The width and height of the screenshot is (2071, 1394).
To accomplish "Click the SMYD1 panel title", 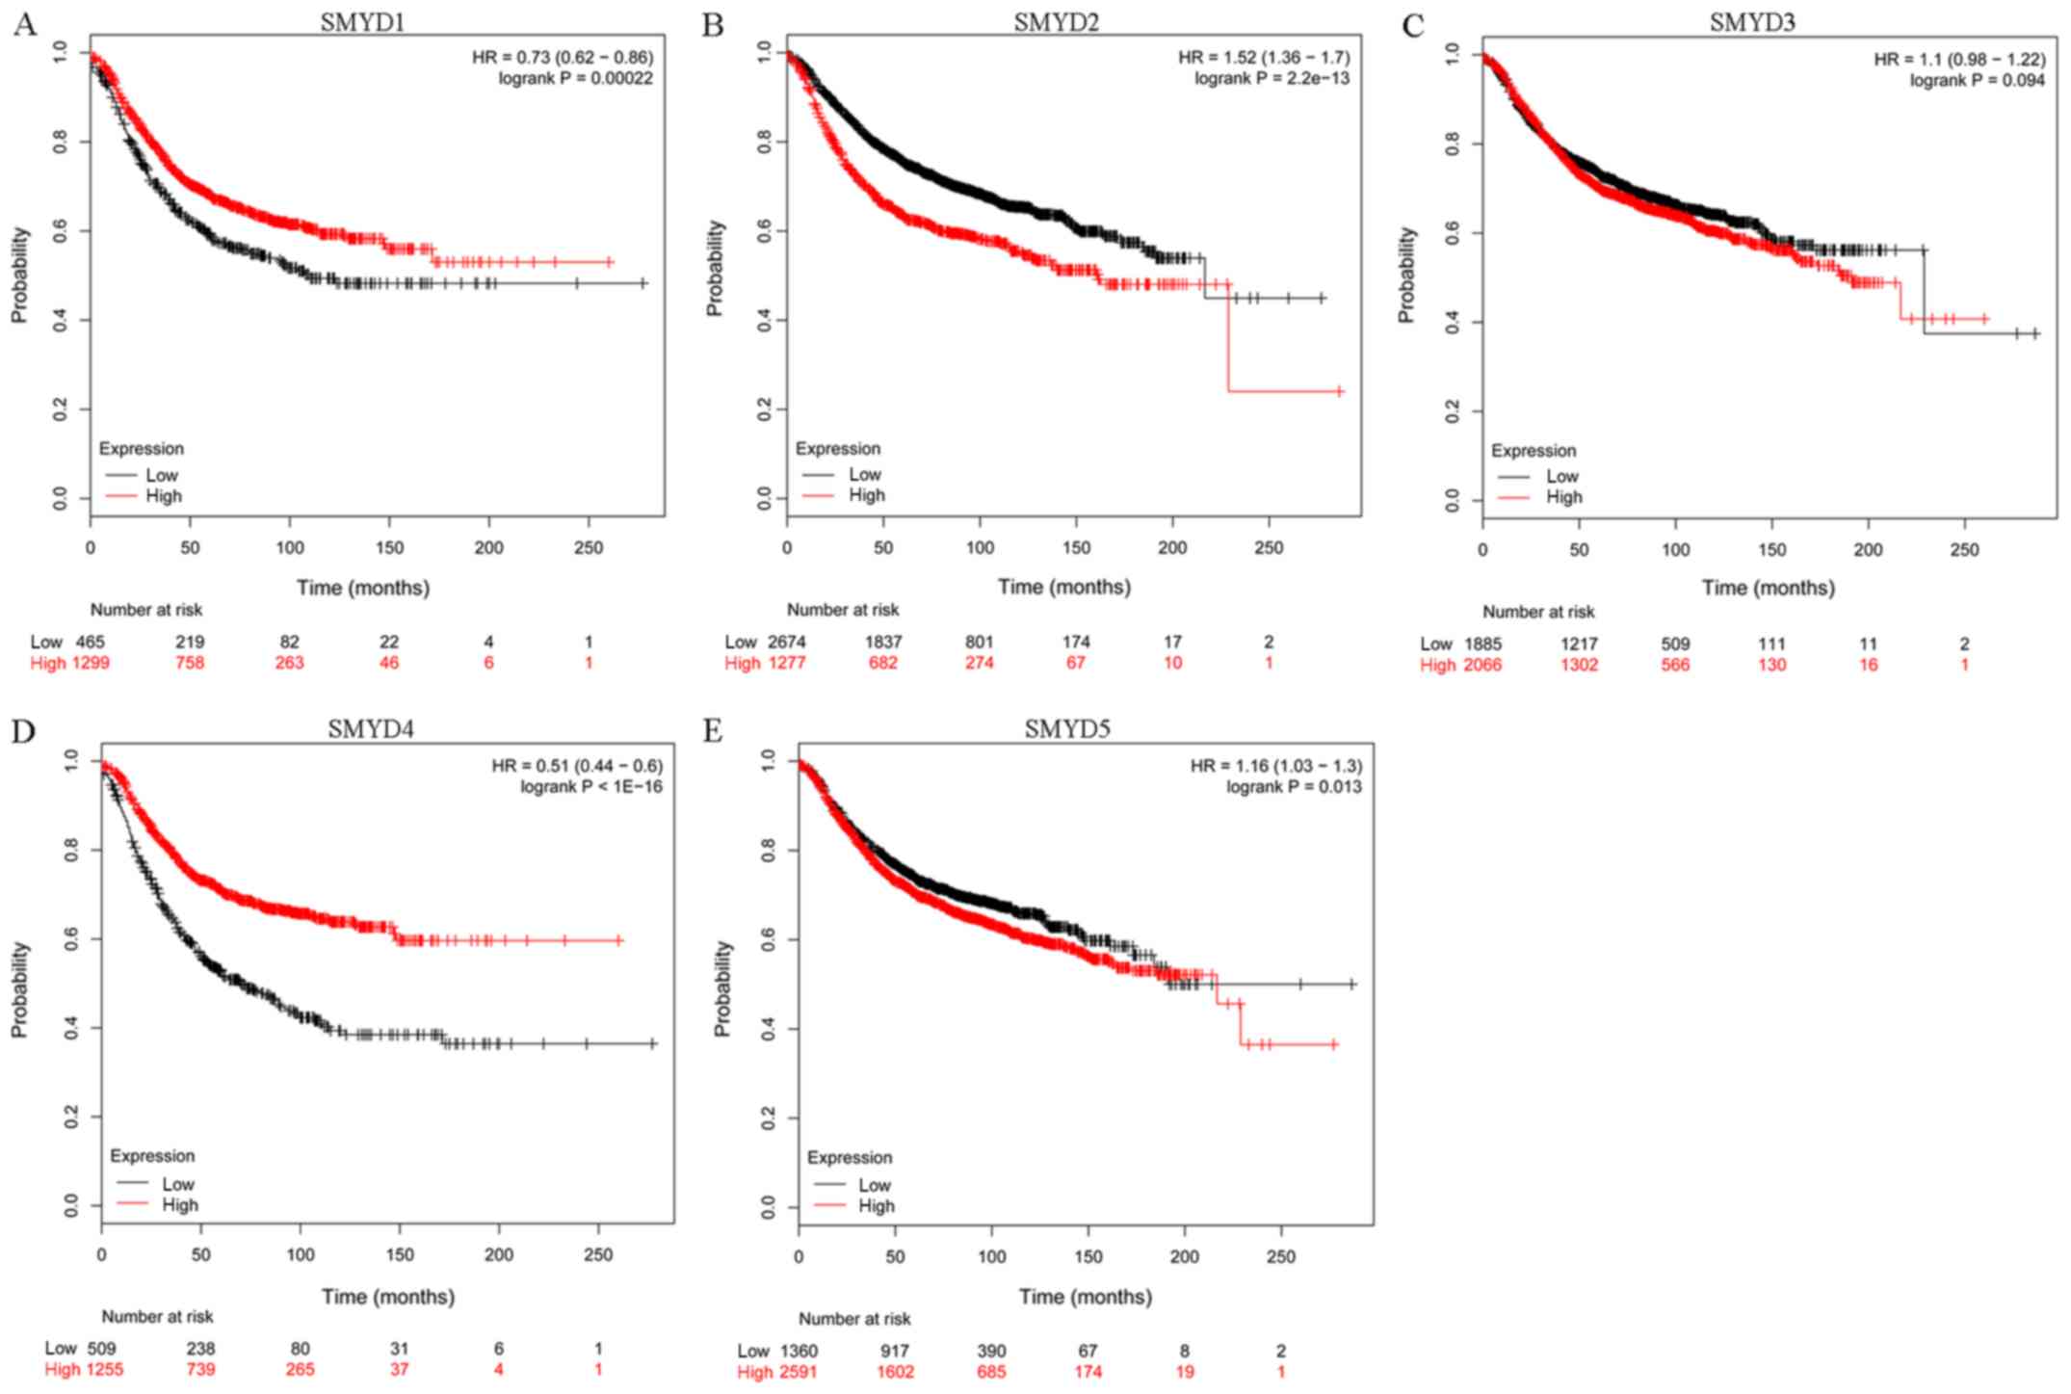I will [x=362, y=21].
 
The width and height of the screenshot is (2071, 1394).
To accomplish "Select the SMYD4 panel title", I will [x=370, y=728].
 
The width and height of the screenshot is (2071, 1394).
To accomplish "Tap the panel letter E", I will [x=713, y=731].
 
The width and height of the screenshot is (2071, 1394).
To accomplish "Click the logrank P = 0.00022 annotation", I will [x=575, y=78].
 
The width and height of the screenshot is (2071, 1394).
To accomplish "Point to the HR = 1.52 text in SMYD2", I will [x=1264, y=57].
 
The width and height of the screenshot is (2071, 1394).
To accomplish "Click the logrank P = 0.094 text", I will [x=1978, y=80].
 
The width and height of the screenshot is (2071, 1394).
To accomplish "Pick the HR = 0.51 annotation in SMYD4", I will [x=577, y=766].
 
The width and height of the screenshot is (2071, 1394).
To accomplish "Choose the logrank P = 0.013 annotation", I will [x=1294, y=787].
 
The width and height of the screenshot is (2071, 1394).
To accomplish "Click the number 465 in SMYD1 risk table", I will [x=91, y=642].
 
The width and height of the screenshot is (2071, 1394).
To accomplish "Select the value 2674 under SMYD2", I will [x=787, y=642].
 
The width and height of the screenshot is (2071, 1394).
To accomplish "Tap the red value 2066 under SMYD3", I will [x=1482, y=665].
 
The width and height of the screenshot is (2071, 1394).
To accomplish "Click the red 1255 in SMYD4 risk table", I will [x=103, y=1369].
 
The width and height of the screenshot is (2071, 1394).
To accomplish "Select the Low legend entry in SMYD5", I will [x=875, y=1185].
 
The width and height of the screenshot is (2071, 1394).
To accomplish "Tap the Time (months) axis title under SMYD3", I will [x=1769, y=588].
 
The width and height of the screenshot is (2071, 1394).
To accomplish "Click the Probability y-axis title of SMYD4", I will [x=19, y=988].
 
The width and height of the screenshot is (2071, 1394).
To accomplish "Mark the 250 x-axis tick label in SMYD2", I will [x=1269, y=548].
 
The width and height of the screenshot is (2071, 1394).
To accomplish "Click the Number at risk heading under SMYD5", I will [x=854, y=1319].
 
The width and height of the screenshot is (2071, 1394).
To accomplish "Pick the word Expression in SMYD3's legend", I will [x=1534, y=451].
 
